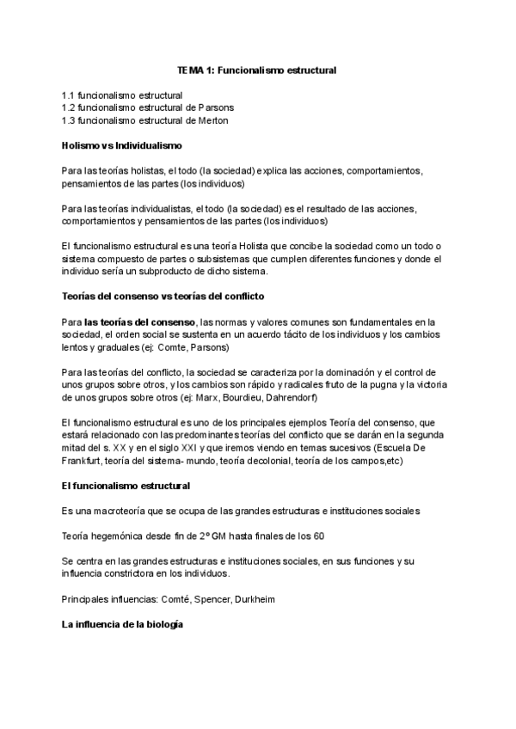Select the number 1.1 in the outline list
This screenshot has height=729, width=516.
[x=68, y=95]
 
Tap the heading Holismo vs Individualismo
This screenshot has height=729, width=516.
[x=120, y=145]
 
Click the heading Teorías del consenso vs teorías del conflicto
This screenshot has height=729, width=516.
[x=176, y=297]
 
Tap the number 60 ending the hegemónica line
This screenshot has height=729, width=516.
[x=318, y=536]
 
